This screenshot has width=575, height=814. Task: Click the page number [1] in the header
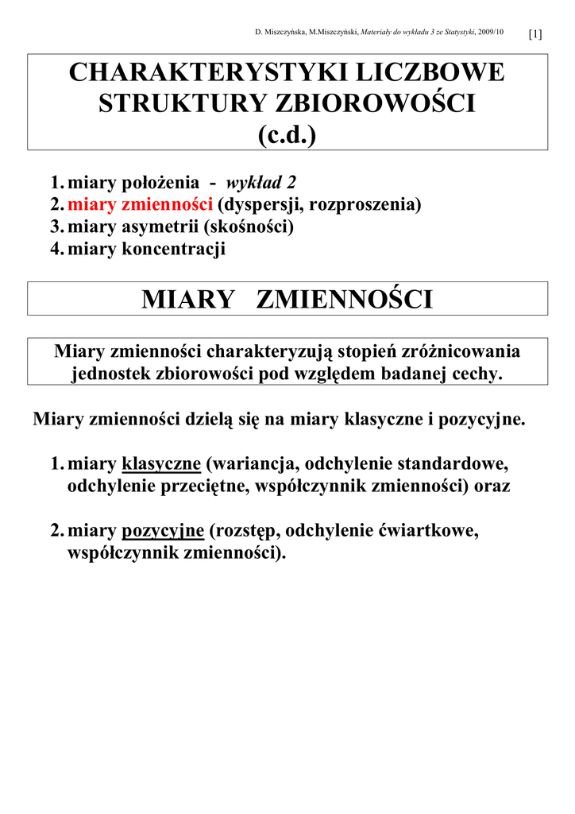pyautogui.click(x=534, y=34)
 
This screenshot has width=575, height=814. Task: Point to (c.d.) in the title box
pyautogui.click(x=287, y=134)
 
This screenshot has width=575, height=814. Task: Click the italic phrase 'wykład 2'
pyautogui.click(x=261, y=182)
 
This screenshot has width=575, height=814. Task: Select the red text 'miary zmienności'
pyautogui.click(x=141, y=204)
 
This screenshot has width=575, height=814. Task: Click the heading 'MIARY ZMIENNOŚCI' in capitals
pyautogui.click(x=287, y=300)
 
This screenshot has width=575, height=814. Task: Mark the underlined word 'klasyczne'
pyautogui.click(x=161, y=464)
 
